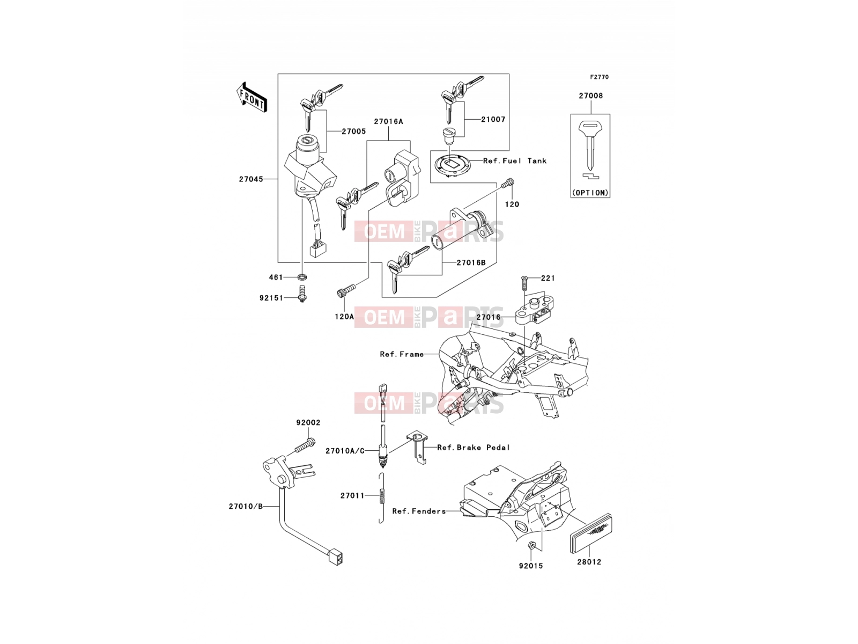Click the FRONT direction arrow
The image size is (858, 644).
click(x=252, y=98)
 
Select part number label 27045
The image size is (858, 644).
click(x=251, y=179)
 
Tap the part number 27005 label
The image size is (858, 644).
click(x=354, y=132)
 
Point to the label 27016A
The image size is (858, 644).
click(x=389, y=122)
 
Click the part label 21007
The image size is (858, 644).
click(x=493, y=120)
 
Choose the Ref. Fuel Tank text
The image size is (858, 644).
click(x=515, y=160)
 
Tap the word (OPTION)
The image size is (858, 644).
click(x=590, y=193)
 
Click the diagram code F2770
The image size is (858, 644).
click(x=599, y=77)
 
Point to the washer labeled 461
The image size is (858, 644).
click(x=302, y=277)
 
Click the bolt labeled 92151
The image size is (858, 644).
click(x=301, y=294)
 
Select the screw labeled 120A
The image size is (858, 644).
click(x=346, y=290)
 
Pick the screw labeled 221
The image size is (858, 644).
click(x=524, y=283)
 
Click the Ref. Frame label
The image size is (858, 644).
click(x=402, y=354)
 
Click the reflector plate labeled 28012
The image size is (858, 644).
click(x=591, y=532)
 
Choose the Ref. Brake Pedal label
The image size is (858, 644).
click(x=474, y=448)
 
